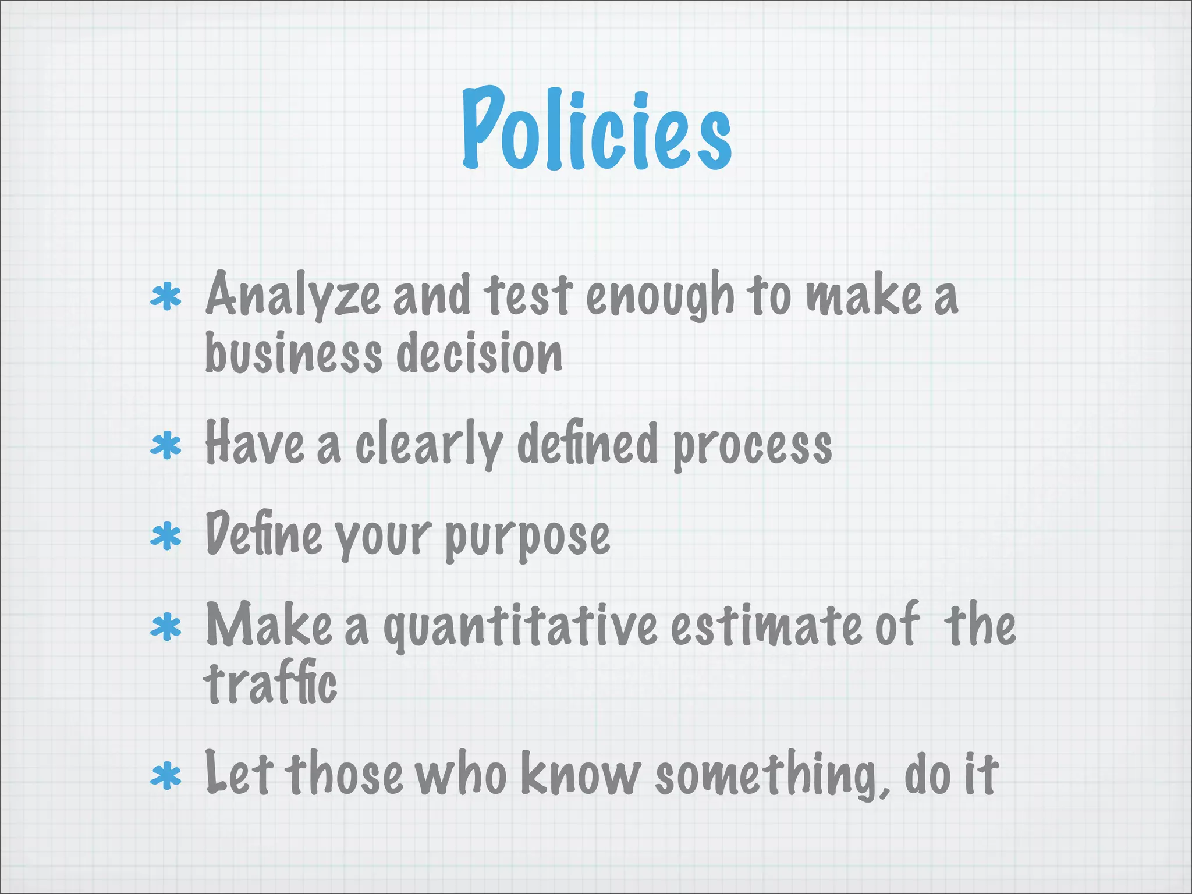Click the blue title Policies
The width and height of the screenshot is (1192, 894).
pos(597,129)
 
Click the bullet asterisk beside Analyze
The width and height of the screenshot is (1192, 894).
pos(166,297)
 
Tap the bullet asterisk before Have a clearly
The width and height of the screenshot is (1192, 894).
pos(166,446)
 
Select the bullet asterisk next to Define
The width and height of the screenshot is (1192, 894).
pos(166,536)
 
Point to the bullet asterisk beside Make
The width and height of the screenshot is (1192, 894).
pos(166,627)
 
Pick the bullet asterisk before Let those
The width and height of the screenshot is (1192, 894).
pos(166,776)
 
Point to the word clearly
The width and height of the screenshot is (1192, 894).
pos(430,445)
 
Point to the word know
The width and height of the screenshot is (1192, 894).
pos(580,774)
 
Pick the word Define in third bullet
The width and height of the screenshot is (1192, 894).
pos(264,534)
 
